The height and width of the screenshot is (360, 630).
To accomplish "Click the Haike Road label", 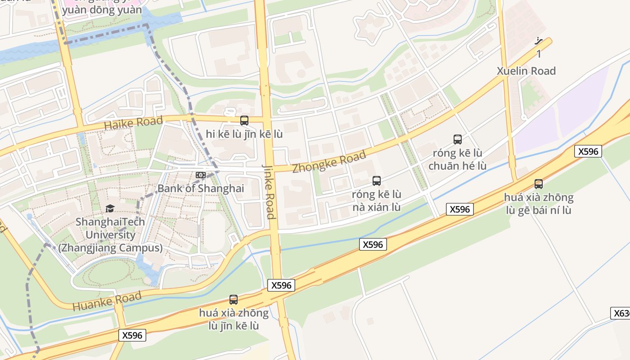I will point(133,122).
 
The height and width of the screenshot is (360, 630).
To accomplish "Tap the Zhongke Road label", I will point(329,162).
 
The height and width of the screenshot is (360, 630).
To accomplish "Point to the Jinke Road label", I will point(269,191).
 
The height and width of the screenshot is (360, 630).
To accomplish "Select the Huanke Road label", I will point(107,301).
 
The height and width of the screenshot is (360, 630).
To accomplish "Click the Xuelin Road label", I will point(526,71).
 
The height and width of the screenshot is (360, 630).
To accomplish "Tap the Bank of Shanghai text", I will point(200,188).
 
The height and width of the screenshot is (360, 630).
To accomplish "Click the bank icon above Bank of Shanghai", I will point(200,175).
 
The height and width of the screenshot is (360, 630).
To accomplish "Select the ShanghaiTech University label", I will point(110,234).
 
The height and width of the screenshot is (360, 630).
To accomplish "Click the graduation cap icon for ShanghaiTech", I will point(110,208).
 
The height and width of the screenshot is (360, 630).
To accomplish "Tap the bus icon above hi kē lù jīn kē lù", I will point(244,120).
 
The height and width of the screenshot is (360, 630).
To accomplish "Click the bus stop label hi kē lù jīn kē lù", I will point(244,134).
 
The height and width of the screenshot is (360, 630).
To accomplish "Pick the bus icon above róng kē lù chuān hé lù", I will point(458,139).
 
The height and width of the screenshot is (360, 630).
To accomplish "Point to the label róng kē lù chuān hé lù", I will point(457,159).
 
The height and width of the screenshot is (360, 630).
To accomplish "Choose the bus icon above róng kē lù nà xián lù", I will point(377,181).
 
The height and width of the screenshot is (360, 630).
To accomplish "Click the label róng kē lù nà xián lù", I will point(377,201).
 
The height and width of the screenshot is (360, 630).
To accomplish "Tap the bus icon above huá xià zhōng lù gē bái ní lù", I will point(539,184).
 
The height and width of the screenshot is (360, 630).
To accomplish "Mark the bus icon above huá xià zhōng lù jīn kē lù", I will point(234,299).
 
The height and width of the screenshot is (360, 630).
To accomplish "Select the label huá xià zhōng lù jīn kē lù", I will point(234,319).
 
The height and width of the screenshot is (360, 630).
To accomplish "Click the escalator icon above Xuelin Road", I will point(539,41).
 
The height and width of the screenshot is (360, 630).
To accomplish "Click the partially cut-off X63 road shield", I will point(621,313).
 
